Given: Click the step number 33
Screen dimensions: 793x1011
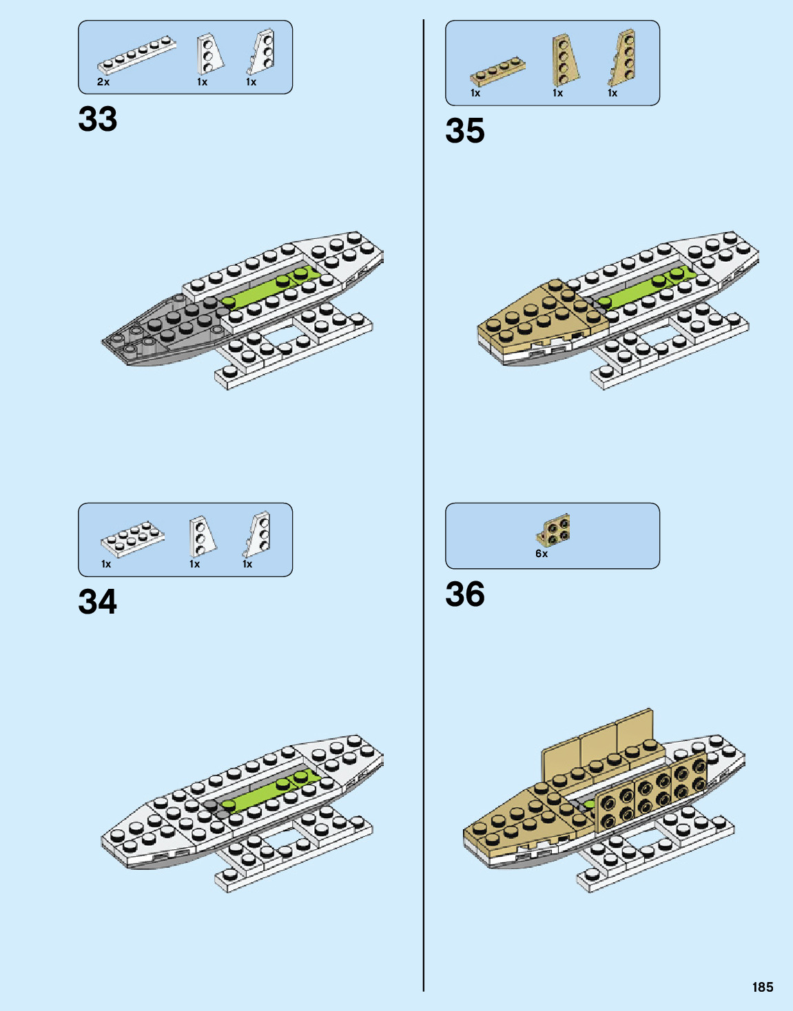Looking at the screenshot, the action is click(x=98, y=119).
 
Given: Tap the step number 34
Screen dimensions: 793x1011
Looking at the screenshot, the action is click(x=98, y=602).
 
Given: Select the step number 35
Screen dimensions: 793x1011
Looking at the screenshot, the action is click(x=465, y=131).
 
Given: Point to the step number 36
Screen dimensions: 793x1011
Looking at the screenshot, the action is click(x=465, y=594).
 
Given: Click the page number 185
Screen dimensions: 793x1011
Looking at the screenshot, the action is click(x=763, y=987).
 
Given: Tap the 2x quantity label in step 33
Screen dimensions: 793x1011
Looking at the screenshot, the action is click(x=103, y=82).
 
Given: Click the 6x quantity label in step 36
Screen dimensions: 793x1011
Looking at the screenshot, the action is click(x=542, y=554).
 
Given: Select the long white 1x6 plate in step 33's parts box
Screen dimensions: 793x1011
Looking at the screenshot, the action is click(x=136, y=56).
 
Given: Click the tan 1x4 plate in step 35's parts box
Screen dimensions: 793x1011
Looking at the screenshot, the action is click(x=498, y=71).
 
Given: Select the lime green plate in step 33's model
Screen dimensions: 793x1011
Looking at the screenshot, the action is click(x=269, y=290).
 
